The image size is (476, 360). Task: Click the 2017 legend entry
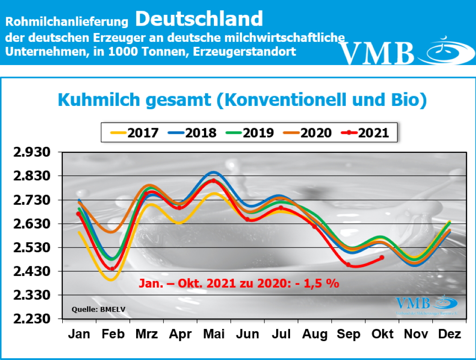(134, 132)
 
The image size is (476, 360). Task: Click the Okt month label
(382, 334)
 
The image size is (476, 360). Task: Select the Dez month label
(450, 334)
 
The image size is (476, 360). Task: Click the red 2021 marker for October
(382, 257)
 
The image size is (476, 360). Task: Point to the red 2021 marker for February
(112, 268)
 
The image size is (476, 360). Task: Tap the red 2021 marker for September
(348, 264)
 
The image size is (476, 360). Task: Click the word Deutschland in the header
(199, 19)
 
